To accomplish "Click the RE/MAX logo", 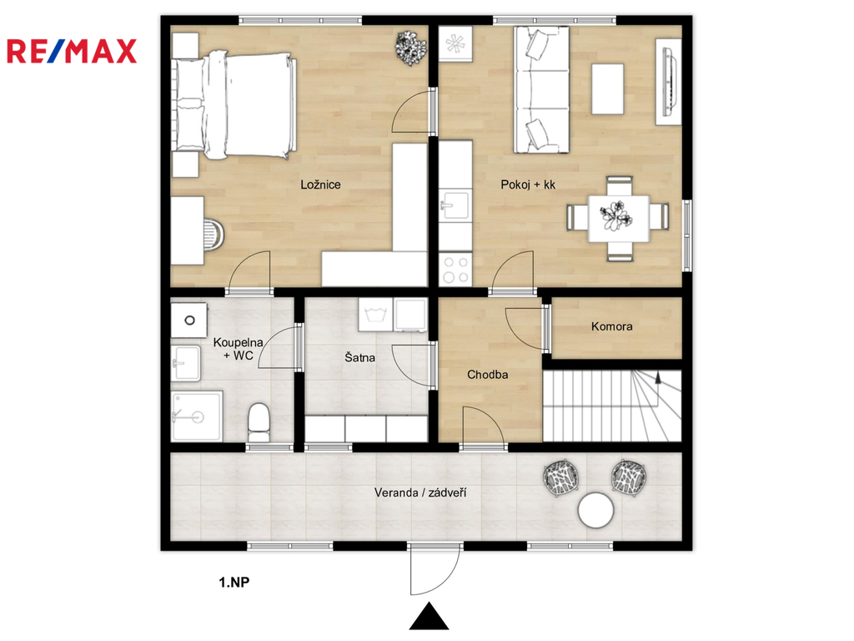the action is click(72, 51).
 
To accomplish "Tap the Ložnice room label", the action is click(320, 184).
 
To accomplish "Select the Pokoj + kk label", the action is click(528, 184).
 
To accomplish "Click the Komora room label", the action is click(611, 326).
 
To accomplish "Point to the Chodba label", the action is click(487, 375).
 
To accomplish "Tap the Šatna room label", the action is click(359, 357).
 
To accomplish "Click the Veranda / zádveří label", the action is click(420, 492).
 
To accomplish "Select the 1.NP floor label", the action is click(234, 582).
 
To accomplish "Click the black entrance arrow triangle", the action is click(430, 617).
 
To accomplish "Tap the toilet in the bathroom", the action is click(259, 422).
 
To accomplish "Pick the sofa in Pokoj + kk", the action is click(540, 90).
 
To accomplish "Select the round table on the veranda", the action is click(595, 510).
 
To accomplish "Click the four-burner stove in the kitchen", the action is click(455, 270).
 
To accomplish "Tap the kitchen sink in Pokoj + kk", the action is click(455, 205).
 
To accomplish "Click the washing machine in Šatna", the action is click(375, 315).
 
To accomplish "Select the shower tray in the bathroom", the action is click(197, 416).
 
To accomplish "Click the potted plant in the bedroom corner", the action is click(410, 48).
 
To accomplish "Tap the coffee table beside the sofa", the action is click(607, 89).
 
